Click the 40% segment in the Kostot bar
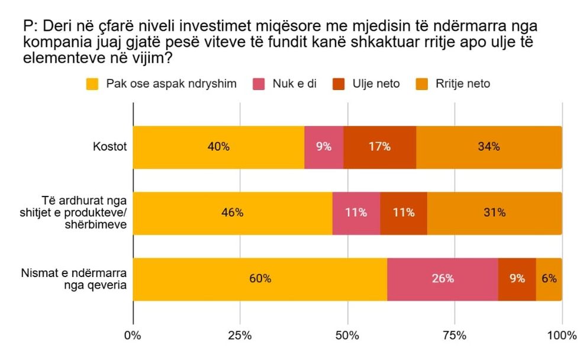pyautogui.click(x=218, y=147)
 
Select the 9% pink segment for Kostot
pyautogui.click(x=324, y=147)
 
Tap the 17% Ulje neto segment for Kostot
pyautogui.click(x=379, y=147)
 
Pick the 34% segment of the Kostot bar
pyautogui.click(x=489, y=147)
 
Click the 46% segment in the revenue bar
pyautogui.click(x=232, y=213)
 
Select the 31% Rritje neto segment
pyautogui.click(x=494, y=213)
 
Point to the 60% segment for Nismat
pyautogui.click(x=260, y=279)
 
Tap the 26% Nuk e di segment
pyautogui.click(x=443, y=279)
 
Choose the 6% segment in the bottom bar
pyautogui.click(x=549, y=279)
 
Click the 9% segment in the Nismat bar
pyautogui.click(x=517, y=279)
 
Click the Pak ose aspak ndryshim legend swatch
pyautogui.click(x=92, y=84)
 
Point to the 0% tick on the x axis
pyautogui.click(x=133, y=336)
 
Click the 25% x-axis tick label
pyautogui.click(x=240, y=336)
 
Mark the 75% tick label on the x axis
pyautogui.click(x=454, y=336)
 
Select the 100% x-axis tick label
pyautogui.click(x=562, y=336)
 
